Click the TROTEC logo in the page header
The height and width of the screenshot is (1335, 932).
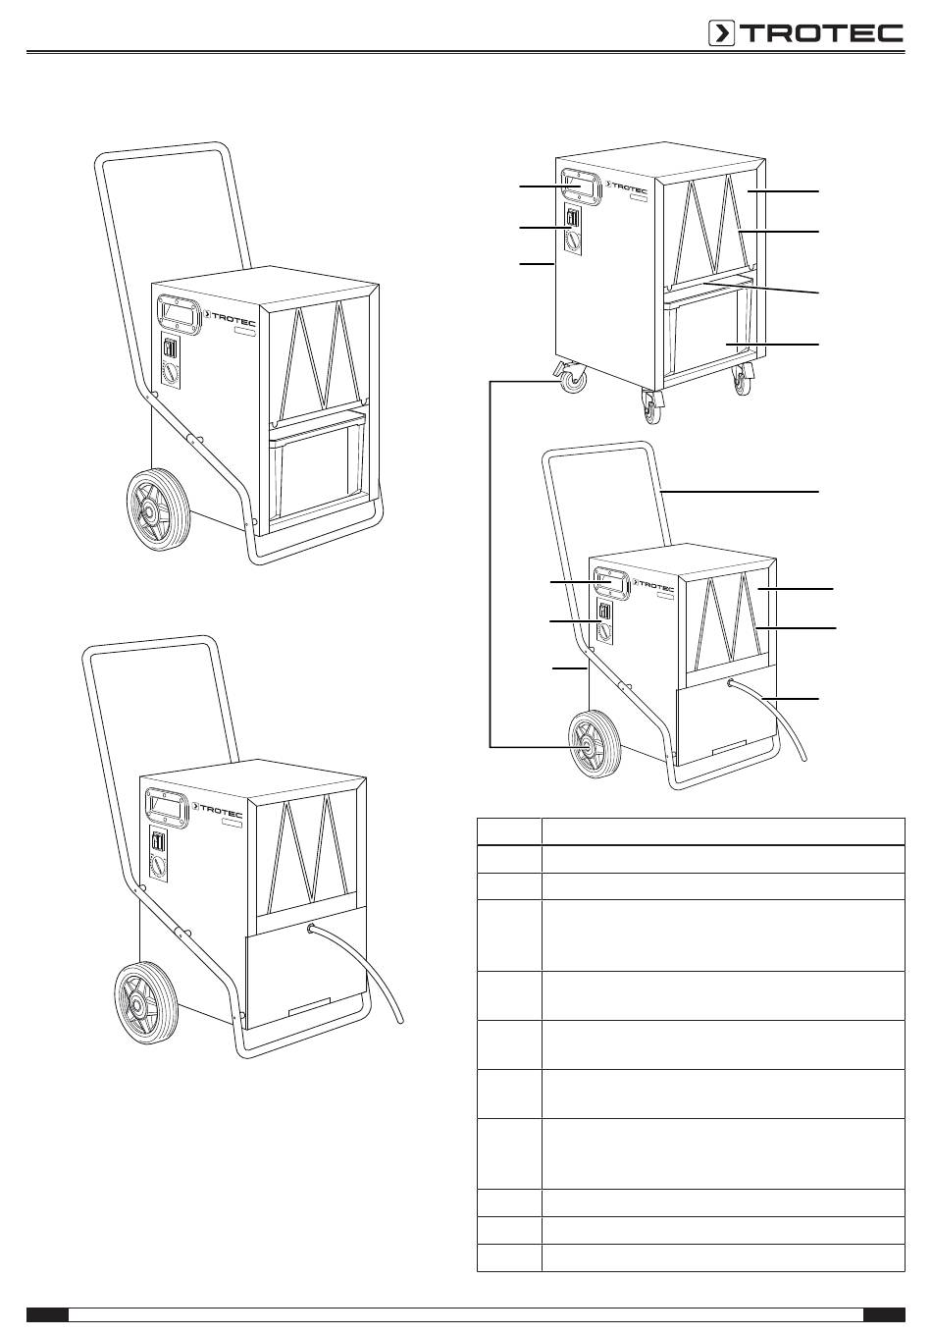coord(805,33)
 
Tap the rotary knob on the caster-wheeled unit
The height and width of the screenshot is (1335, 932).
coord(572,241)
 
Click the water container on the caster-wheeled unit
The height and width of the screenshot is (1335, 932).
coord(708,336)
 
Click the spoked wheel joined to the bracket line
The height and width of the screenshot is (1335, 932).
coord(595,745)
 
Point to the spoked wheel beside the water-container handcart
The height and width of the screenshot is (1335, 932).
coord(158,509)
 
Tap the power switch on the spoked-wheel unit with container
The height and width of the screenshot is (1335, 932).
coord(169,348)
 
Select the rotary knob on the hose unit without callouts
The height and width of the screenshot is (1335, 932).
coord(159,864)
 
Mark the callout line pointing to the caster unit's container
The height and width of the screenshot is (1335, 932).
coord(772,345)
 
